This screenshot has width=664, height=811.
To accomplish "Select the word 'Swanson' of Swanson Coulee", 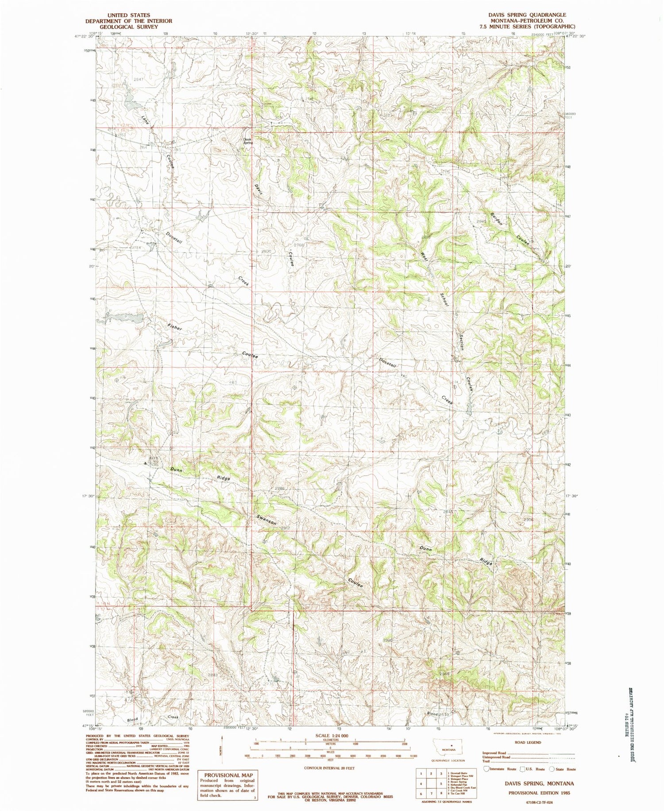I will click(266, 520).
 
